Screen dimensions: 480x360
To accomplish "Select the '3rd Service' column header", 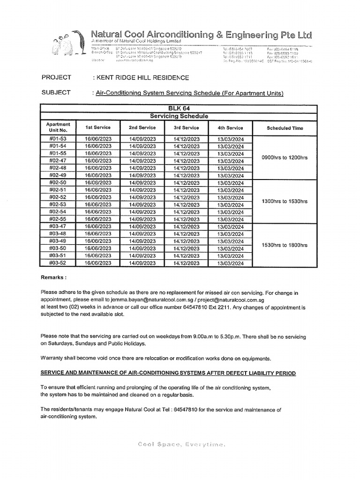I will (x=187, y=127).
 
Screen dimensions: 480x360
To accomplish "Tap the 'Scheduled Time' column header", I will (x=285, y=128).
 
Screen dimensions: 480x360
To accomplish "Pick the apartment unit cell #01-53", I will (x=58, y=139).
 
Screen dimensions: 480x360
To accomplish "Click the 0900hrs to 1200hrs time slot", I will (x=285, y=157).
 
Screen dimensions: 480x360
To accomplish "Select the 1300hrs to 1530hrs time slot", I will (x=285, y=201).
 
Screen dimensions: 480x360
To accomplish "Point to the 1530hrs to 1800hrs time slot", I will (x=285, y=245).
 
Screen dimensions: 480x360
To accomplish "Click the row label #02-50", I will (x=58, y=183).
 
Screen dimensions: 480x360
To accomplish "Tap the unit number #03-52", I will (x=58, y=263).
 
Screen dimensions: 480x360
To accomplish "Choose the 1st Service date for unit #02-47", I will (x=98, y=161).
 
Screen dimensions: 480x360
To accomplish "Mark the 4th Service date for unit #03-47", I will (x=231, y=227).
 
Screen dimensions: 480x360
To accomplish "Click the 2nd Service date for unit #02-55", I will (x=142, y=219).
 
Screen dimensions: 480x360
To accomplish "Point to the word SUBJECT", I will (x=56, y=92).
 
